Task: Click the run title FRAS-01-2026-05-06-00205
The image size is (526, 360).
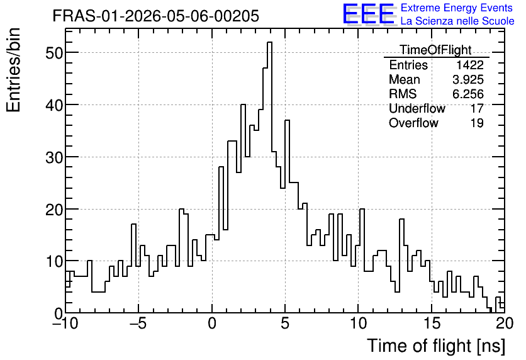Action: [x=155, y=16]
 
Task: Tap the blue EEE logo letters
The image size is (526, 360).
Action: [x=368, y=14]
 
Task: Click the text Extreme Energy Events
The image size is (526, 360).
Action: [x=457, y=8]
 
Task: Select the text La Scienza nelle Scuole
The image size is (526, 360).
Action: [x=457, y=21]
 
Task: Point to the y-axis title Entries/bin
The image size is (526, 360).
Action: [x=14, y=70]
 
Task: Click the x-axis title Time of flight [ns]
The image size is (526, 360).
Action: [x=436, y=346]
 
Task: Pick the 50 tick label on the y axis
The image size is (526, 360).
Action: [x=54, y=53]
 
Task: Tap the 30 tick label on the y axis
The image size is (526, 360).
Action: [x=54, y=157]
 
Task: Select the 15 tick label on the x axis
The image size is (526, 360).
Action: [x=432, y=323]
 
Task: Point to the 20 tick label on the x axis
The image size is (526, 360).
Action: [x=505, y=323]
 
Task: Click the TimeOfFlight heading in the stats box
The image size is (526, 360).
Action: [x=435, y=50]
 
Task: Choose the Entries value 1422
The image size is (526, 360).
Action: [x=469, y=65]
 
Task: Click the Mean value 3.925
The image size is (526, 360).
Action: [x=468, y=80]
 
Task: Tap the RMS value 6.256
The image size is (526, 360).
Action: [x=468, y=94]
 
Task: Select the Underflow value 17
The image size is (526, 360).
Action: [x=477, y=109]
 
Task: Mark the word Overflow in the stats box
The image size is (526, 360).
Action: [x=413, y=123]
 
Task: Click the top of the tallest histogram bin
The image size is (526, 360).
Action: [x=269, y=42]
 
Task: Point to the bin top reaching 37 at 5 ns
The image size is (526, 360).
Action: [x=287, y=120]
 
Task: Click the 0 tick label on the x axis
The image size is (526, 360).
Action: [x=212, y=323]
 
